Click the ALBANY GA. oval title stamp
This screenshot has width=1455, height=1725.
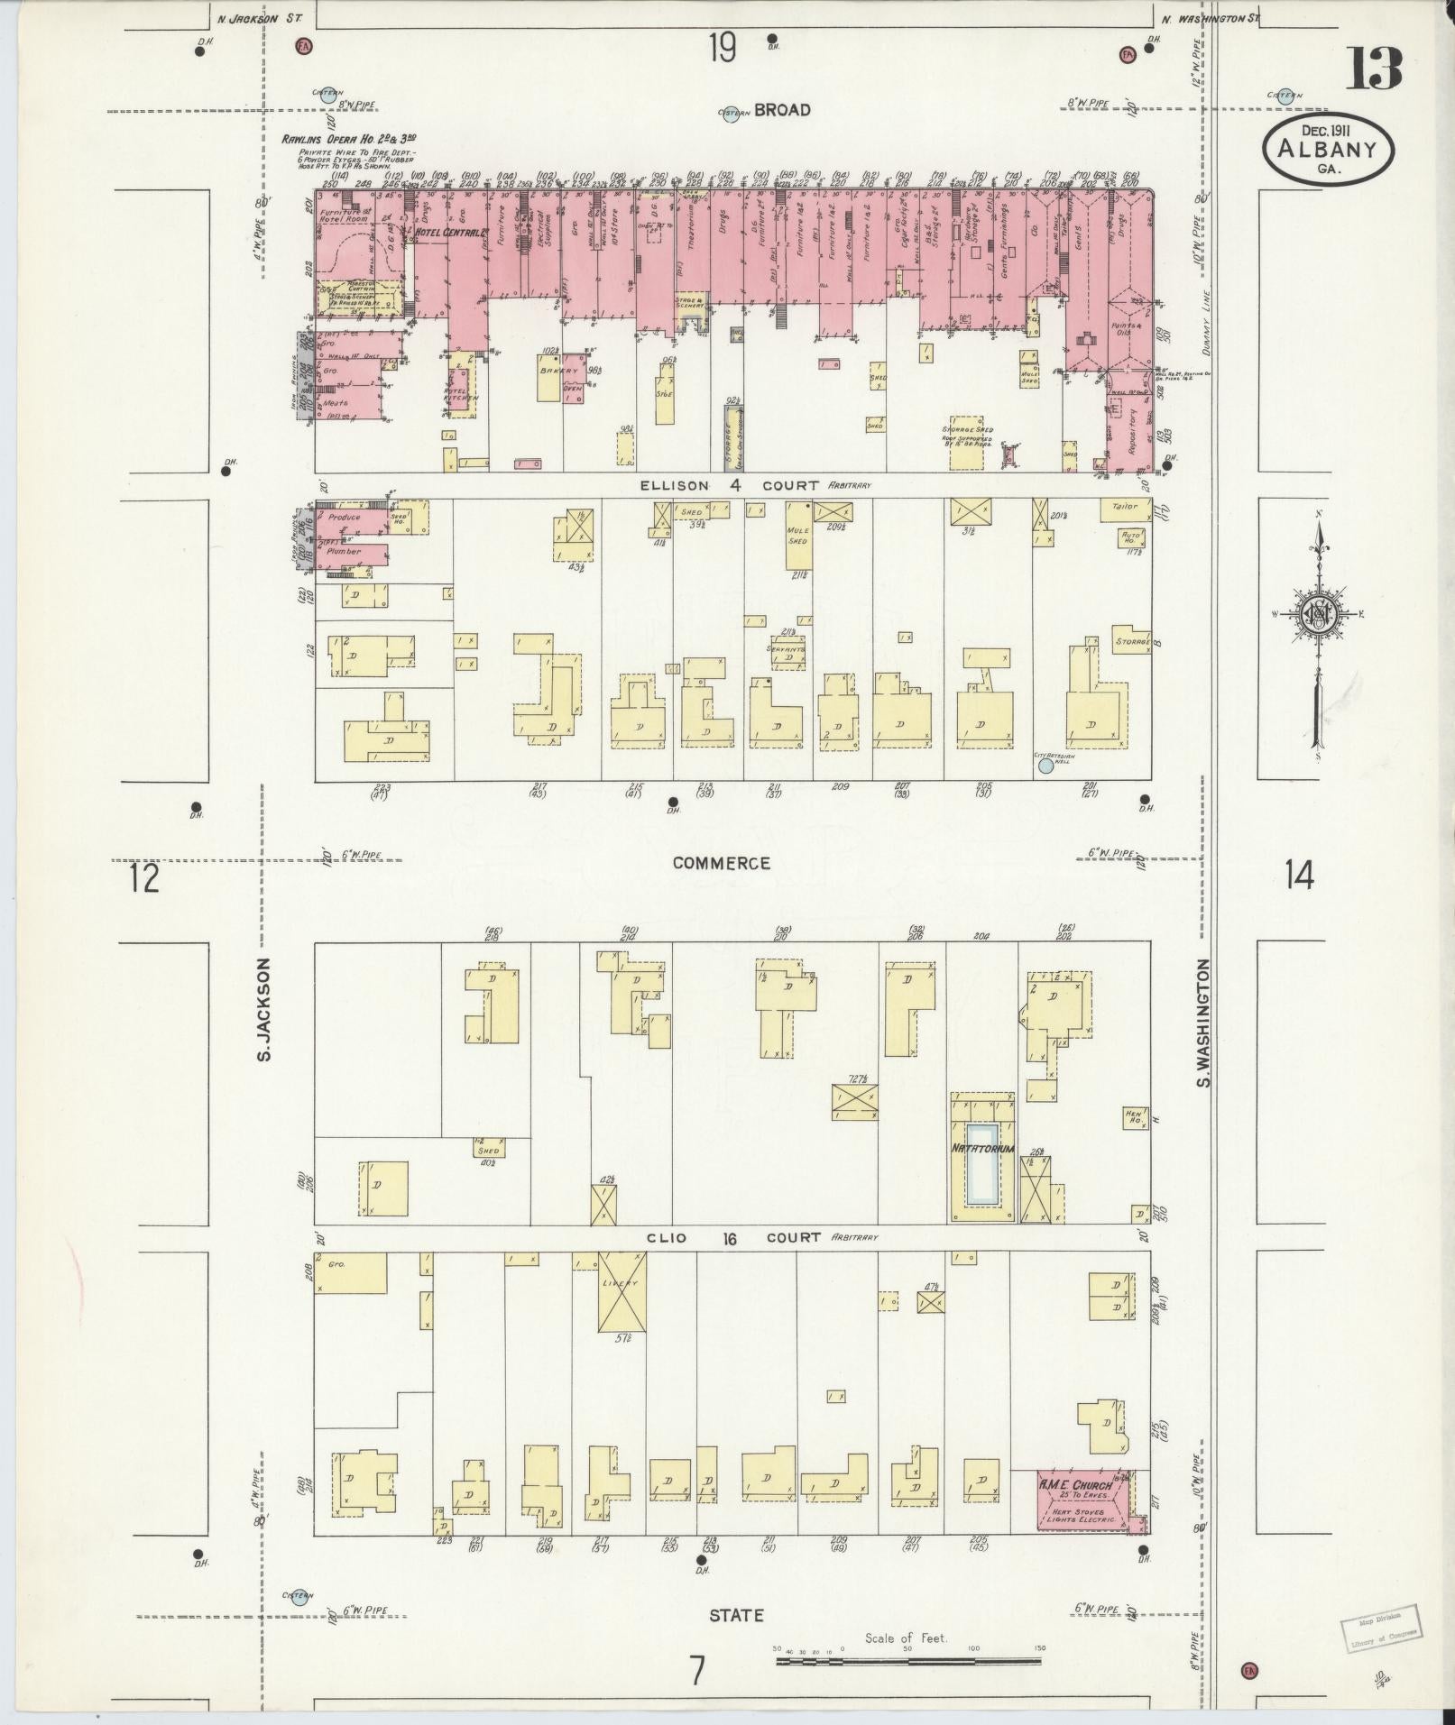(1328, 151)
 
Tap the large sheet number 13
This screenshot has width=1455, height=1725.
(1374, 68)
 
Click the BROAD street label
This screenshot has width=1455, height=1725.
(782, 110)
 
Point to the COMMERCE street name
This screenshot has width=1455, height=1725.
(722, 863)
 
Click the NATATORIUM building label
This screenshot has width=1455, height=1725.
(981, 1149)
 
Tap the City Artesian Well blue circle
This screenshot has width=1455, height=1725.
(1046, 766)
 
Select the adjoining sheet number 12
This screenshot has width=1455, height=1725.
(144, 876)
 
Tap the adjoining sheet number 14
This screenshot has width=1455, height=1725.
(1300, 875)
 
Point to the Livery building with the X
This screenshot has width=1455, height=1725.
(622, 1291)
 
